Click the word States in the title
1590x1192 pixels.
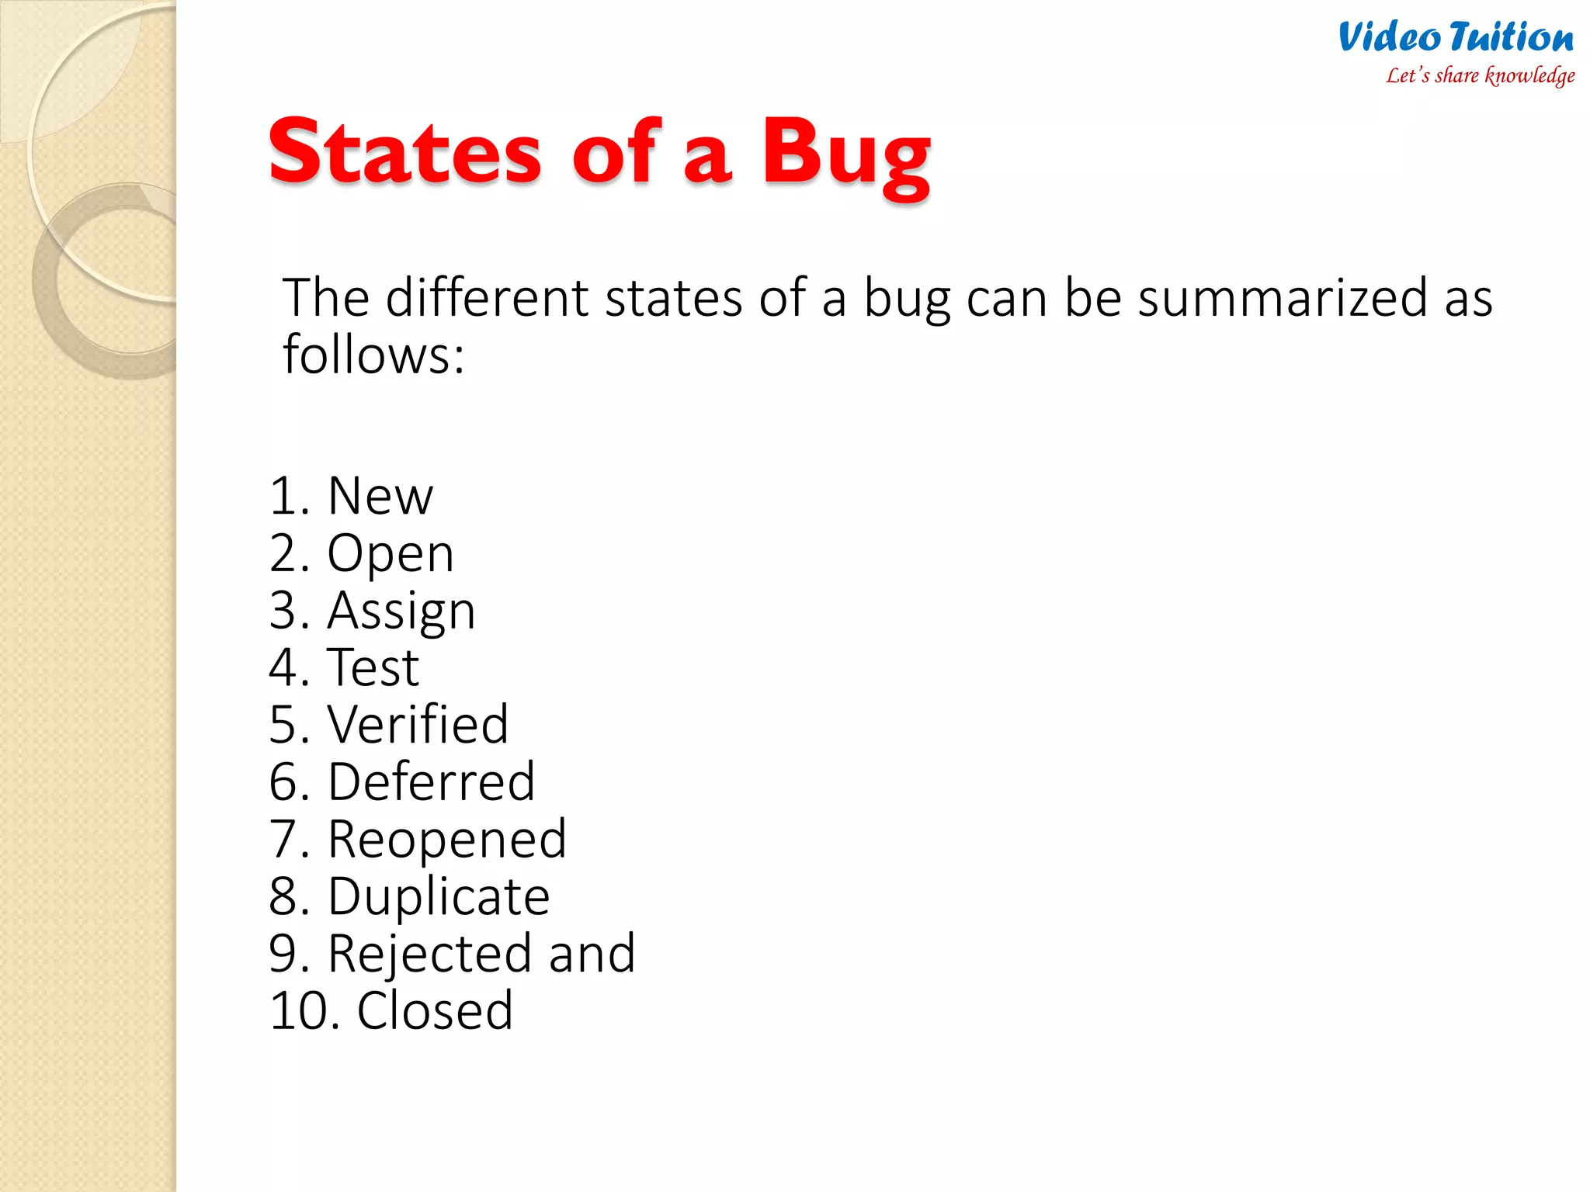(x=404, y=152)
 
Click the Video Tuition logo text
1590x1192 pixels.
(x=1456, y=37)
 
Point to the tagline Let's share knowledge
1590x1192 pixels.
(x=1480, y=75)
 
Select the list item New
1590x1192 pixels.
(x=380, y=496)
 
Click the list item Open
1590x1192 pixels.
(x=390, y=554)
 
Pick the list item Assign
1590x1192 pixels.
(x=401, y=612)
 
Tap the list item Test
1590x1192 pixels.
(x=373, y=667)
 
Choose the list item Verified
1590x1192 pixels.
(x=418, y=725)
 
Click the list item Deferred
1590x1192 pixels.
(x=431, y=782)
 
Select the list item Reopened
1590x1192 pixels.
(x=446, y=840)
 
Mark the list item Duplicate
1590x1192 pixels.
(x=439, y=897)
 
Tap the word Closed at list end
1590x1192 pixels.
(x=435, y=1011)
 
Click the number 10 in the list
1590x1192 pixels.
(x=296, y=1011)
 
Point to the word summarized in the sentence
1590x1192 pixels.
(x=1283, y=298)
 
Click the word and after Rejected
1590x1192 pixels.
(x=592, y=954)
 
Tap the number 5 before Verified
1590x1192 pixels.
(x=284, y=725)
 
